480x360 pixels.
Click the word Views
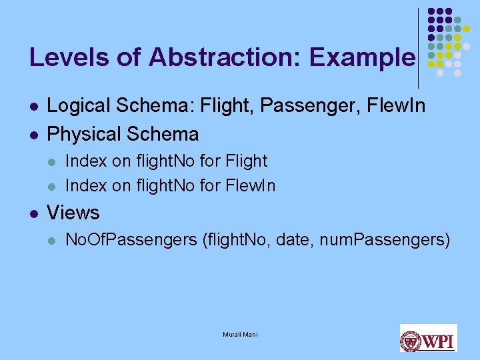[x=73, y=213]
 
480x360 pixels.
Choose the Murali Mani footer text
[x=240, y=334]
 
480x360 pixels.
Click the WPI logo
[x=428, y=338]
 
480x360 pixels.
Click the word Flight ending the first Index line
[x=246, y=161]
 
